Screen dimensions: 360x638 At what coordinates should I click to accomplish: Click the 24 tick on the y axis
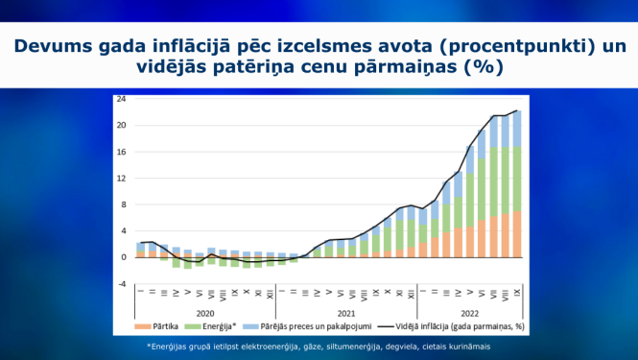121,99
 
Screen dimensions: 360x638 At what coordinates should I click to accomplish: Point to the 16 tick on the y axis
121,152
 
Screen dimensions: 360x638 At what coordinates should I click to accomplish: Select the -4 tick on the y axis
121,283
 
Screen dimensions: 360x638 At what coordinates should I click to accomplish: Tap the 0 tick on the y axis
123,257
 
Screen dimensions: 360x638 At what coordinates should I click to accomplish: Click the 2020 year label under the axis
204,313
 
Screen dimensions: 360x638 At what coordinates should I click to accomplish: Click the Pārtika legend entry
170,327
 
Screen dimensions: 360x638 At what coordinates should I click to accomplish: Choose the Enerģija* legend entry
222,327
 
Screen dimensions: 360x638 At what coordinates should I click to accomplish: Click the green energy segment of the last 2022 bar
517,179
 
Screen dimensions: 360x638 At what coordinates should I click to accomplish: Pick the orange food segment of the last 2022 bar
517,234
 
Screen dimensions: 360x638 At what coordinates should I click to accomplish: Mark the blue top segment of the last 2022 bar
517,130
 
